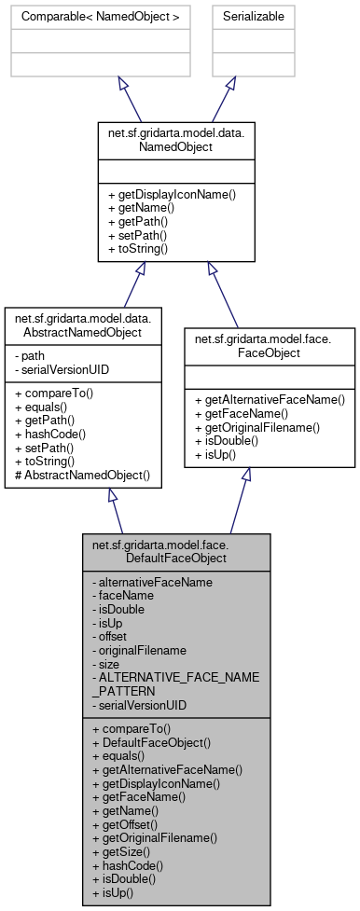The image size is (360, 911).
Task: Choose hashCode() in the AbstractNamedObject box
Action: tap(48, 434)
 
